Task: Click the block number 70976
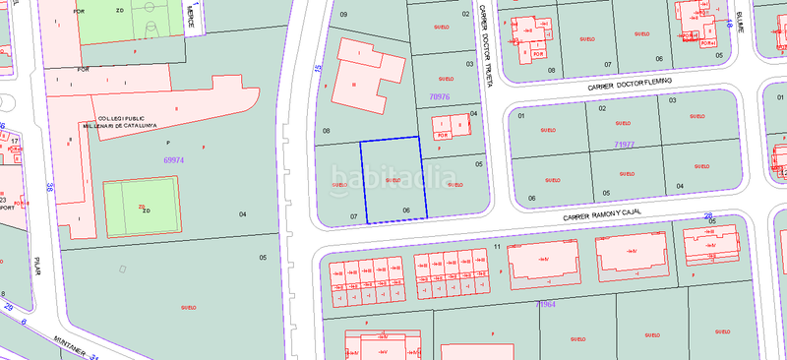point(442,96)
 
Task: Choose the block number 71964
point(546,306)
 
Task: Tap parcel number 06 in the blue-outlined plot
point(405,210)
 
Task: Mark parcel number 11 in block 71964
point(498,245)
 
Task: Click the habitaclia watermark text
point(393,181)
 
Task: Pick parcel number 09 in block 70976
point(343,15)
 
